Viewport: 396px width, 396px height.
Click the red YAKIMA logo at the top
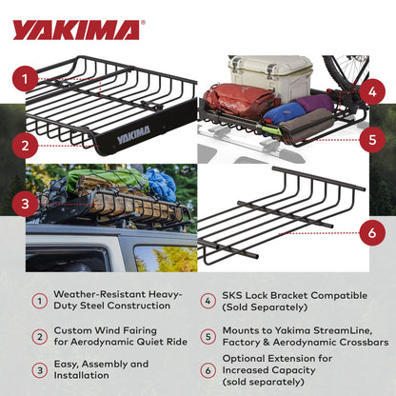click(75, 30)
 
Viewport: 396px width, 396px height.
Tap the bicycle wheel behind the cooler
click(347, 71)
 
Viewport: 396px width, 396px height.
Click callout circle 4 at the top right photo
click(372, 93)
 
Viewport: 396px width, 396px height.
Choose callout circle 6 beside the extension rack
click(372, 230)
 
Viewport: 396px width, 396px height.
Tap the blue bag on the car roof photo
click(161, 184)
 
